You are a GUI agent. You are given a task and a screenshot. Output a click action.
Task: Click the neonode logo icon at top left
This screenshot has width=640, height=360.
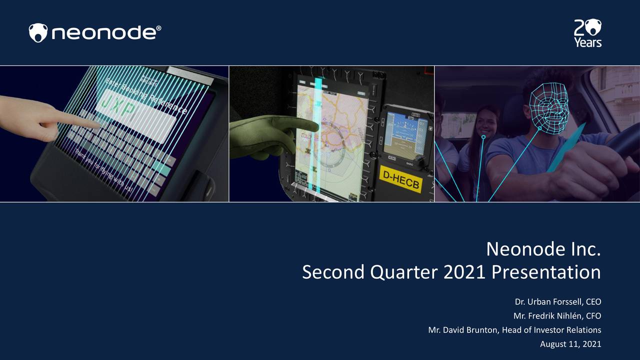click(x=38, y=33)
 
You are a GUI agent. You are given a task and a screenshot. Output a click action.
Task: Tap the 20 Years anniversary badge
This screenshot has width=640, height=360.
click(x=587, y=33)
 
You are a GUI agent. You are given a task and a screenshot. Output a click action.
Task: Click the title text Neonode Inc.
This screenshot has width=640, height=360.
click(x=543, y=248)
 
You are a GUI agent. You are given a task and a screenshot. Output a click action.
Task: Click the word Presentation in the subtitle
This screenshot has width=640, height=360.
click(x=546, y=272)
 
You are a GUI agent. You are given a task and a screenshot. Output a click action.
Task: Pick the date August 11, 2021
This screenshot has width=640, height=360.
click(x=570, y=344)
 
